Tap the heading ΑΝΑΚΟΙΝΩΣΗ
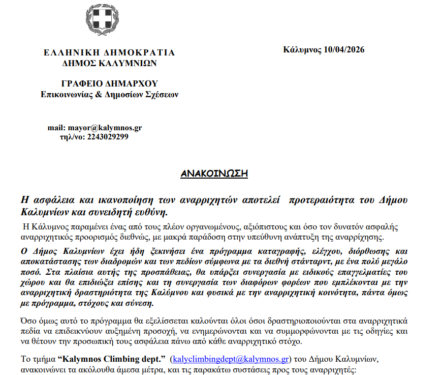tap(214, 174)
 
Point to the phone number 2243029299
tap(108, 137)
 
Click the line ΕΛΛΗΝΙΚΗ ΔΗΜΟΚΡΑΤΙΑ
tap(109, 52)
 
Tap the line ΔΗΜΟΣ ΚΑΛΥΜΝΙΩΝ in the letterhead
tap(109, 64)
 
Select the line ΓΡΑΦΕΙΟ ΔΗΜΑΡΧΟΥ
tap(109, 83)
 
